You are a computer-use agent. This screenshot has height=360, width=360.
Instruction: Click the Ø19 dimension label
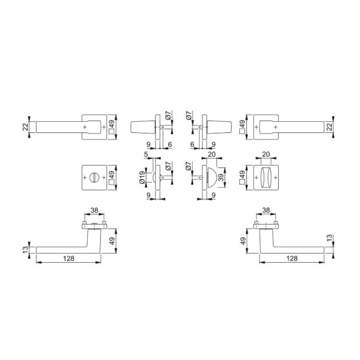pyautogui.click(x=142, y=177)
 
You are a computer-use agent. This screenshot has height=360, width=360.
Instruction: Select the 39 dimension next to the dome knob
pyautogui.click(x=221, y=177)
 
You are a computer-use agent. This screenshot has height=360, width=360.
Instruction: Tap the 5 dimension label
pyautogui.click(x=146, y=155)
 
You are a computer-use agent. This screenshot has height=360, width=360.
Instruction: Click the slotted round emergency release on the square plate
pyautogui.click(x=94, y=177)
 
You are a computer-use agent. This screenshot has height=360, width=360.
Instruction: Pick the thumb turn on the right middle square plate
pyautogui.click(x=266, y=177)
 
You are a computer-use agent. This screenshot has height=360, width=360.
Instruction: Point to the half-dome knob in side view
pyautogui.click(x=212, y=177)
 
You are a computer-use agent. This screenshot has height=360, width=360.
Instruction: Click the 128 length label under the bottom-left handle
pyautogui.click(x=69, y=259)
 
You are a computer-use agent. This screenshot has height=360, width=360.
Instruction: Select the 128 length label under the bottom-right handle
pyautogui.click(x=292, y=259)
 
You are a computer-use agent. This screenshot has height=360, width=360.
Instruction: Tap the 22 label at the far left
pyautogui.click(x=25, y=127)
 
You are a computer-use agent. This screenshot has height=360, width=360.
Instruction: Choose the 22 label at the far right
pyautogui.click(x=330, y=127)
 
